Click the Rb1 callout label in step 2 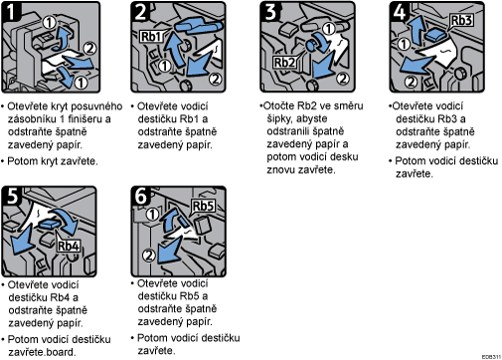[152, 36]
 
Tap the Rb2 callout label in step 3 [284, 62]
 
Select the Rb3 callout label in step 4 [461, 20]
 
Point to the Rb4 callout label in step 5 [69, 246]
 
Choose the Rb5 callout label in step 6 [204, 206]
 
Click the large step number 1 [11, 12]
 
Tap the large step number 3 [270, 12]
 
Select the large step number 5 [12, 196]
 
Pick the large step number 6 [141, 195]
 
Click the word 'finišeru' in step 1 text [89, 118]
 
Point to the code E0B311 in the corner [491, 357]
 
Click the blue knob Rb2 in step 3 [312, 45]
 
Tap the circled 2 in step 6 [149, 256]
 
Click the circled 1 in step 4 [404, 44]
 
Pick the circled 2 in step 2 [216, 79]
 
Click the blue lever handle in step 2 [197, 26]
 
